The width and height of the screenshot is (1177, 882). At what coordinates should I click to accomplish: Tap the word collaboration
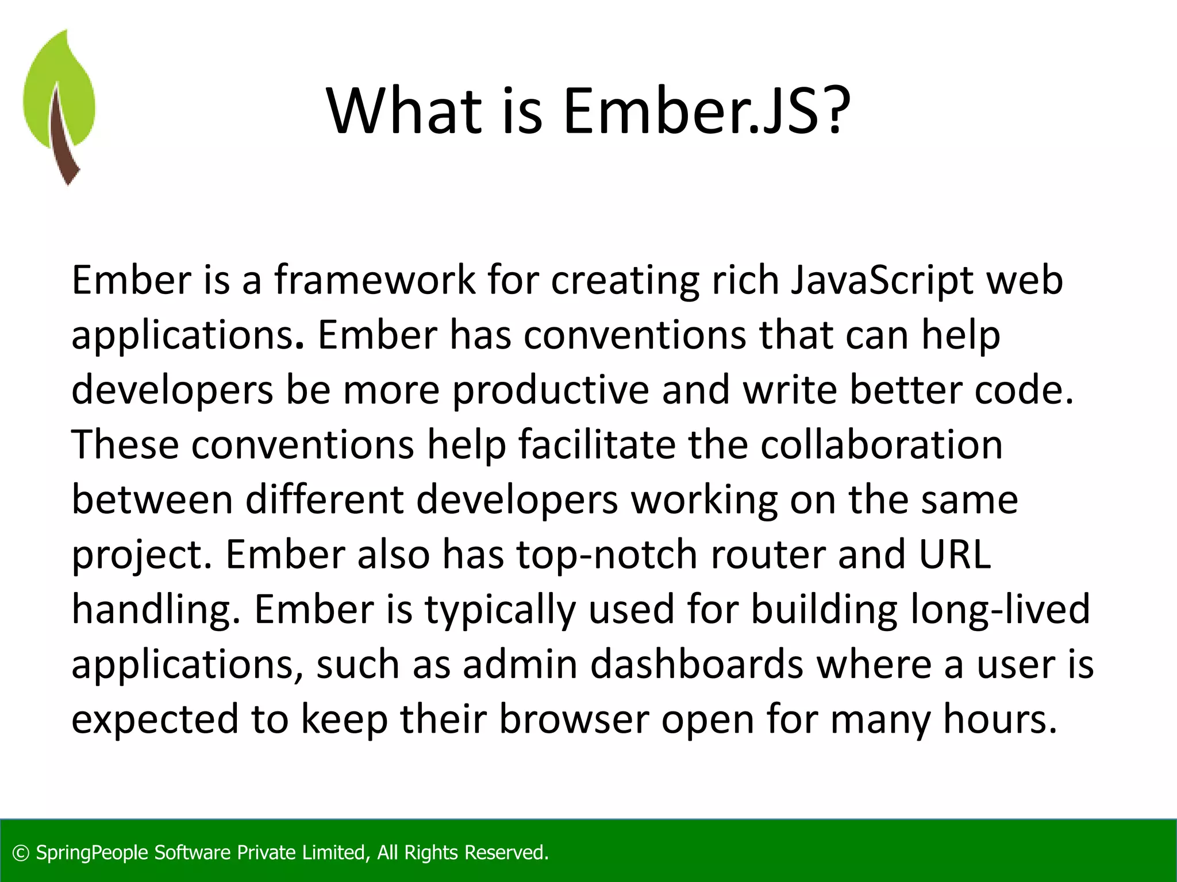[882, 444]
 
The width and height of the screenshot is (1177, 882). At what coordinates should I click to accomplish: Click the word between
[152, 500]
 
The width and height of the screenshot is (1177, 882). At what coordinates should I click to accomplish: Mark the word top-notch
[607, 555]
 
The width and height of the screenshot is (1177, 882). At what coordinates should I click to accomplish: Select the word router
[768, 555]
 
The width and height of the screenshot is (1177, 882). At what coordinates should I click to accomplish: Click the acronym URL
[955, 555]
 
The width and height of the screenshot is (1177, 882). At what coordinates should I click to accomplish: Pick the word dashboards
[697, 664]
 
